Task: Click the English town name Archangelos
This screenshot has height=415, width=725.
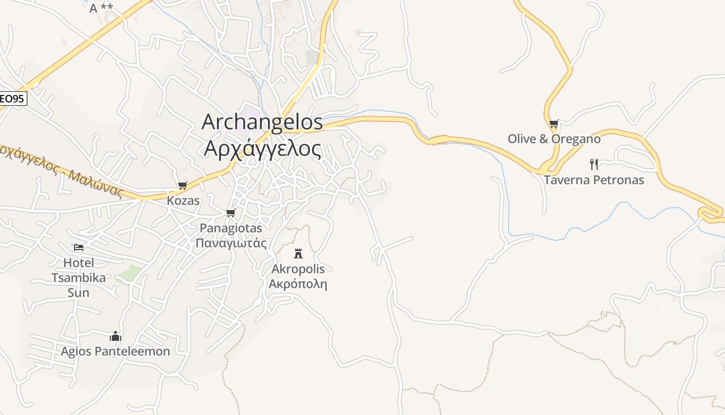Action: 262,122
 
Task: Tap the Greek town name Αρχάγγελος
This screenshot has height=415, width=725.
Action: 262,148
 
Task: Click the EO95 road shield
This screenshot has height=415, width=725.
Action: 12,98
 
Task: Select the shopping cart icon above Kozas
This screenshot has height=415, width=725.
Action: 182,185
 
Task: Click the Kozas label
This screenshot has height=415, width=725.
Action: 183,200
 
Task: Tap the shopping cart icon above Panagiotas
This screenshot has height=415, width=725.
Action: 231,213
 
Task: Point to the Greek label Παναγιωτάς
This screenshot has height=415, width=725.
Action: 231,243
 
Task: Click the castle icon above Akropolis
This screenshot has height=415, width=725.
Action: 298,253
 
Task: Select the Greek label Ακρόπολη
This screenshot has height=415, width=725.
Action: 298,284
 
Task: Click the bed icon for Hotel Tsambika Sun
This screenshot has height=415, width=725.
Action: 79,247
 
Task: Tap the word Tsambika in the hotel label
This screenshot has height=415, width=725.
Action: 78,278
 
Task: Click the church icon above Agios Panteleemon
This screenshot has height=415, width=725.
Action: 115,336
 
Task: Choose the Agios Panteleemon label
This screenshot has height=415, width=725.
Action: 115,351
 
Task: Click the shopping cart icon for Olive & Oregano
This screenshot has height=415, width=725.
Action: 554,123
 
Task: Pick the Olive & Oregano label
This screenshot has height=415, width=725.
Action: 554,139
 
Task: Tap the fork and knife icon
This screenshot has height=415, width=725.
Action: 594,164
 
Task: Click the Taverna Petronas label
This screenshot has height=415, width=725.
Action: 594,180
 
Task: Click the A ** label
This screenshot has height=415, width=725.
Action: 101,8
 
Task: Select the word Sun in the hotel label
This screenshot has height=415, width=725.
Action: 78,293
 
